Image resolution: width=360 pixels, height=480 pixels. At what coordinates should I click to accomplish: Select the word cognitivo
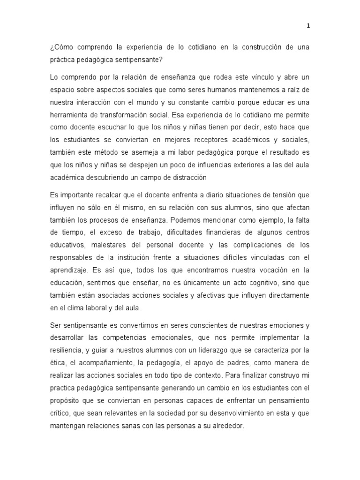(254, 283)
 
